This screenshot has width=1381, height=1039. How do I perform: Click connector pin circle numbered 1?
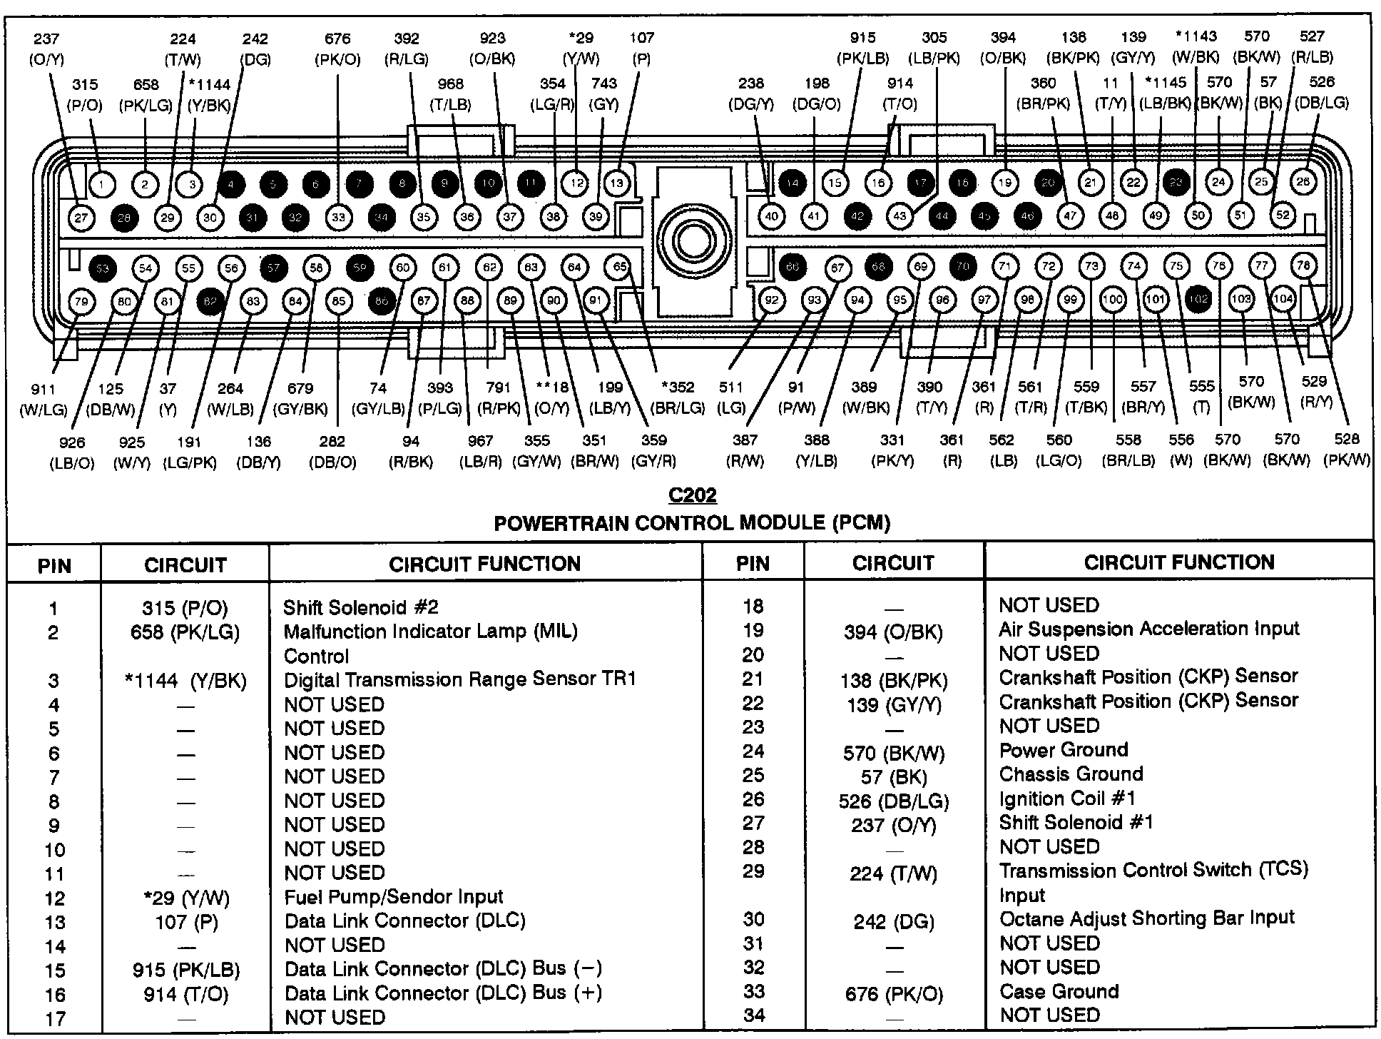coord(102,185)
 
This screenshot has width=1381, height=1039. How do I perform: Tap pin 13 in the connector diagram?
coord(617,183)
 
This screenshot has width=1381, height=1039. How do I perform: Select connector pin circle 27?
coord(81,218)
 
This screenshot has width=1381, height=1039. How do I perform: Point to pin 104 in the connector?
coord(1283,299)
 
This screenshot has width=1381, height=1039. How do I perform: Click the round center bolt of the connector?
coord(693,241)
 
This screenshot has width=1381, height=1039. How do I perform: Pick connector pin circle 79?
coord(81,302)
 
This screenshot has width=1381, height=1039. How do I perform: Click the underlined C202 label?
coord(692,495)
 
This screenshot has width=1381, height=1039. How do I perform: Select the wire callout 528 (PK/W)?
coord(1346,450)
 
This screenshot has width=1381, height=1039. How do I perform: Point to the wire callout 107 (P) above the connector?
coord(641,49)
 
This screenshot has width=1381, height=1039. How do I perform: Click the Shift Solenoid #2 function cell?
coord(361,608)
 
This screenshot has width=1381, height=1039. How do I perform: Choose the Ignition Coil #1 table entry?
coord(1066,799)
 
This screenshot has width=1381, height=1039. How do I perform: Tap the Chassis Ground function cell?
coord(1071,774)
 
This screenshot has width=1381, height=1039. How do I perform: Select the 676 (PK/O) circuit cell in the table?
coord(893,993)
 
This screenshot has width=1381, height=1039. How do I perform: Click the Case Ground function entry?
coord(1059,991)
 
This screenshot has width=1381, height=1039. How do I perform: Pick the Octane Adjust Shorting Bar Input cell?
coord(1146,918)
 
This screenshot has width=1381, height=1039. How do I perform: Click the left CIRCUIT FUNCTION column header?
coord(484,564)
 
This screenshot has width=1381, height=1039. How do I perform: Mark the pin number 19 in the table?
coord(753,631)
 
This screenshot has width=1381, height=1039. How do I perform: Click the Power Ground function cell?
coord(1064,750)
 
